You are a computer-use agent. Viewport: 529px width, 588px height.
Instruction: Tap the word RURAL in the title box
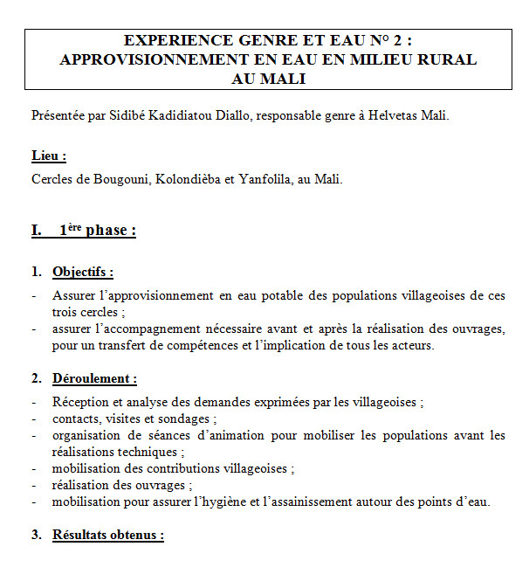(443, 59)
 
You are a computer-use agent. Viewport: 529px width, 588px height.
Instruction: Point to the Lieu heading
(49, 156)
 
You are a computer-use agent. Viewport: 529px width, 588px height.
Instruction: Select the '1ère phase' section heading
(97, 231)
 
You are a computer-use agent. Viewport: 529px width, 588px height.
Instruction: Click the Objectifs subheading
(83, 272)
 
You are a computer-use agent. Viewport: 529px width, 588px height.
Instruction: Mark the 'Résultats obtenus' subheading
(108, 535)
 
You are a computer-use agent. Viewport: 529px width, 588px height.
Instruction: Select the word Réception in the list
(79, 403)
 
